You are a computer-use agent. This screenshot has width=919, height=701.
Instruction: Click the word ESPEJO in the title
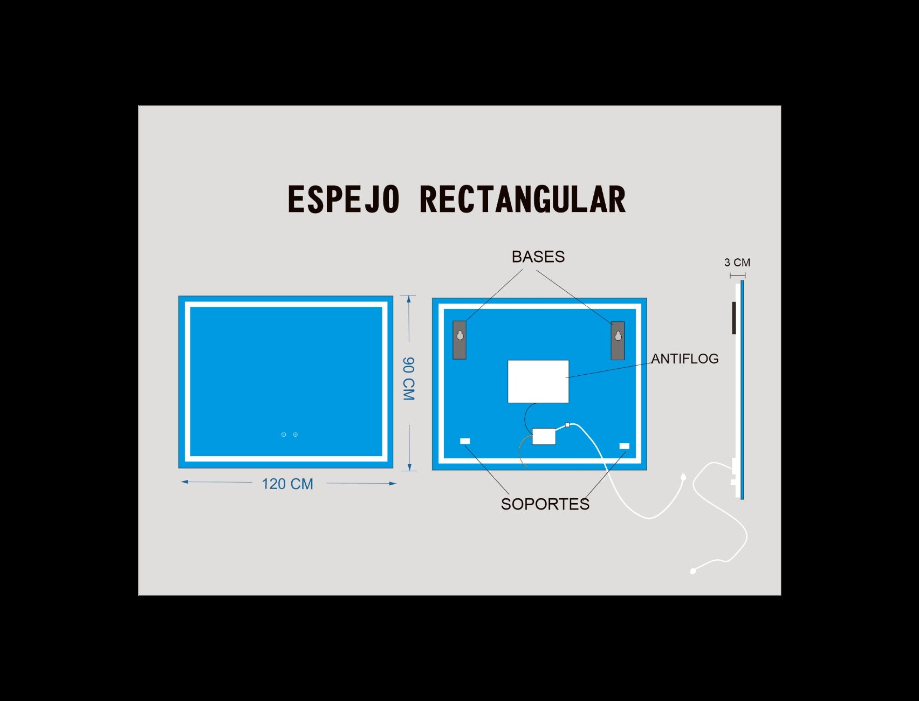344,199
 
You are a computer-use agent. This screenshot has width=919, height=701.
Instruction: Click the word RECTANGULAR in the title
523,199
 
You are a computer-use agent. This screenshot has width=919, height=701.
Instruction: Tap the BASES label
538,257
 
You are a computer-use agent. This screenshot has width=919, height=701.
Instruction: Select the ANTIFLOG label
685,359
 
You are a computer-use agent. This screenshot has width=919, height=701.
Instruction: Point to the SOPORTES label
545,504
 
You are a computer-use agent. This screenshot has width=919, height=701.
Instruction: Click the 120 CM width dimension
287,484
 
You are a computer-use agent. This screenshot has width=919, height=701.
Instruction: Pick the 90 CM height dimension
409,379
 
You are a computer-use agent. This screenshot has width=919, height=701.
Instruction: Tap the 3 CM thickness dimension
737,263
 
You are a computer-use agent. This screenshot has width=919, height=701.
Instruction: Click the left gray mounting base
460,340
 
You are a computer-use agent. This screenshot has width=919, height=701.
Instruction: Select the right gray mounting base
618,341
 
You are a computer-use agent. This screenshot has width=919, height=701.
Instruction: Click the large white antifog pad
538,381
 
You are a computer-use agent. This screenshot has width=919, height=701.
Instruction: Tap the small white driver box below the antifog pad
544,436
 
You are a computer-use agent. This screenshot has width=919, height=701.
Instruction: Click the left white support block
465,441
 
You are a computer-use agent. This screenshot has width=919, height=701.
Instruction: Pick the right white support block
625,446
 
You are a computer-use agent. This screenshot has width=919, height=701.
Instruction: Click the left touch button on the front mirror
284,435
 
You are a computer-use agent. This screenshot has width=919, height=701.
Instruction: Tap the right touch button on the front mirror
296,435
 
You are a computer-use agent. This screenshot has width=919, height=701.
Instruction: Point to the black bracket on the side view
734,318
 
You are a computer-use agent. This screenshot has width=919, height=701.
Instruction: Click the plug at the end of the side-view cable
694,571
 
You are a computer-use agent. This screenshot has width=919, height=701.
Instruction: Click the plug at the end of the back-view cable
683,477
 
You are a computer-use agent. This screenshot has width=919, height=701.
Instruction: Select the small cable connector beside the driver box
567,425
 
